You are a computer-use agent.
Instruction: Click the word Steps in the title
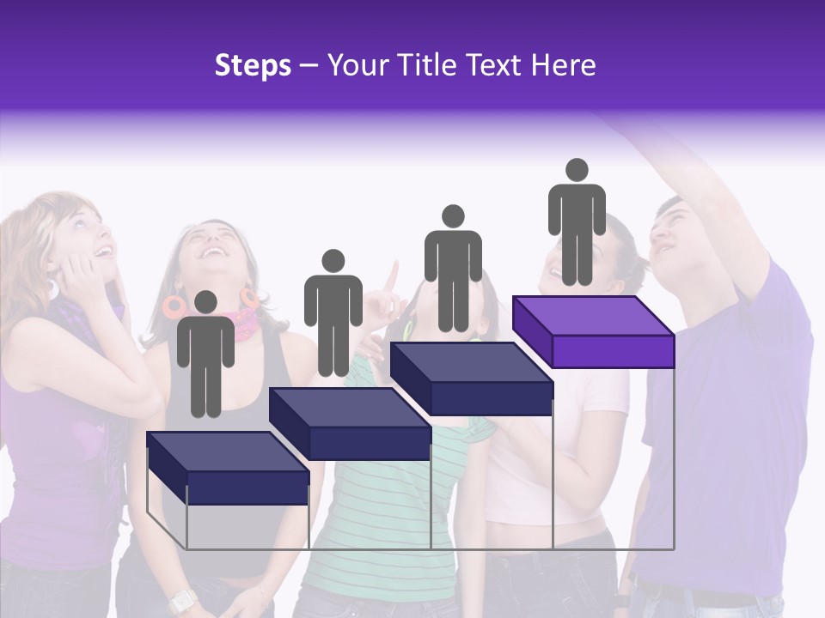click(x=253, y=65)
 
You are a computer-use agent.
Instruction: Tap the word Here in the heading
click(x=564, y=65)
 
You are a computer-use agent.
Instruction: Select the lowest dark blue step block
click(x=228, y=468)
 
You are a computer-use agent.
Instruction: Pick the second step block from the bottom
click(x=350, y=424)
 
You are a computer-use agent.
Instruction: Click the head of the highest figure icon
click(x=577, y=170)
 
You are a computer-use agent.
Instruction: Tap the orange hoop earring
click(x=174, y=305)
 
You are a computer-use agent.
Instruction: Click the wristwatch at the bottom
click(x=180, y=601)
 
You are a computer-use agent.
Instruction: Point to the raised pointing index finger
click(x=392, y=275)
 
